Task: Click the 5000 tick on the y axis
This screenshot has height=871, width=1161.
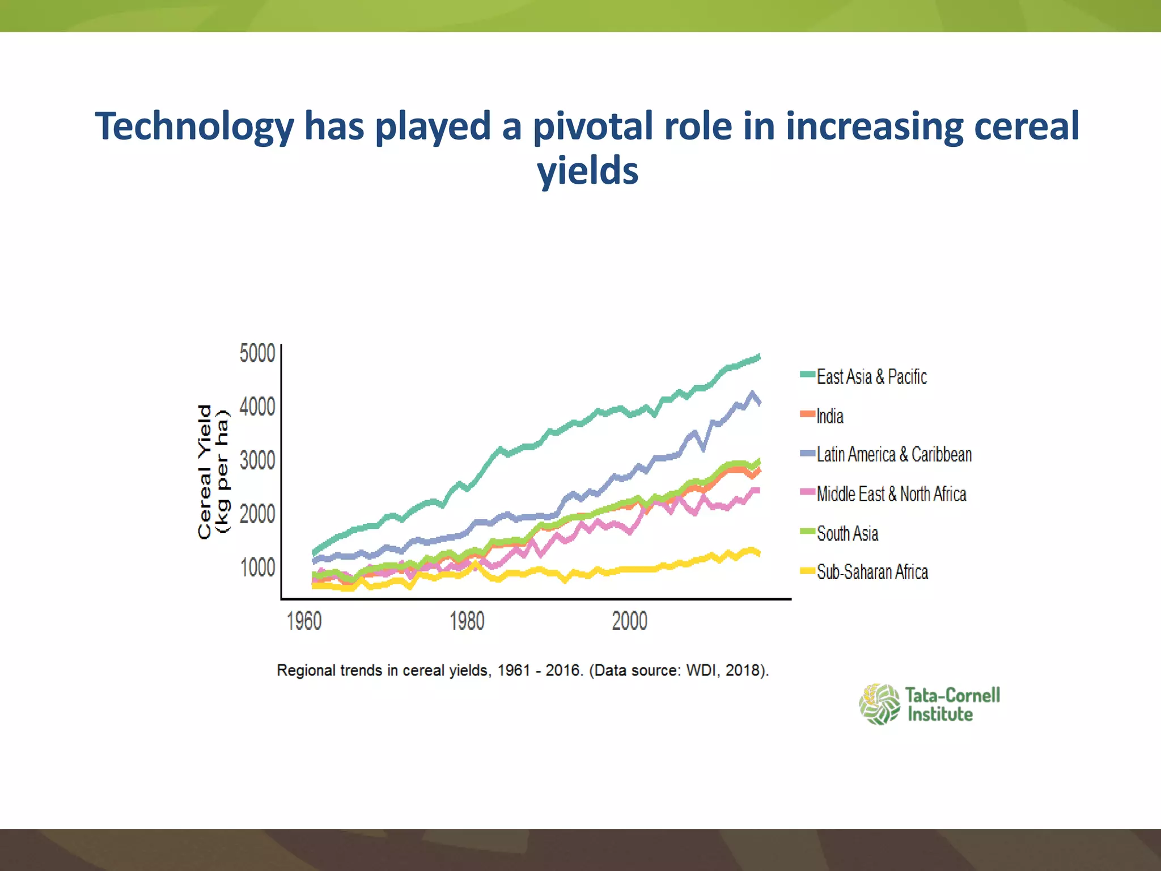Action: tap(257, 353)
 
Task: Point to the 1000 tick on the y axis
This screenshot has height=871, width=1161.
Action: tap(257, 568)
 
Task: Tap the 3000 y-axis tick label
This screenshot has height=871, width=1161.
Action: tap(257, 460)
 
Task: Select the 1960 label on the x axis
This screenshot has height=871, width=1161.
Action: tap(304, 621)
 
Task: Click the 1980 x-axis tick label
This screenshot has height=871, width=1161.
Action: tap(467, 621)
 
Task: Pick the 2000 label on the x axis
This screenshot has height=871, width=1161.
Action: tap(629, 621)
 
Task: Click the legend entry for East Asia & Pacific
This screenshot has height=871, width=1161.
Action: tap(871, 377)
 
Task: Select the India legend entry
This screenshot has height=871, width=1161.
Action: tap(829, 416)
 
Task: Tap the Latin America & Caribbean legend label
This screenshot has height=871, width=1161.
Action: tap(894, 455)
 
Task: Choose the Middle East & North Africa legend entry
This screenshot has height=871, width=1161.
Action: tap(891, 494)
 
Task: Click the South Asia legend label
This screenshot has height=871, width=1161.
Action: tap(847, 534)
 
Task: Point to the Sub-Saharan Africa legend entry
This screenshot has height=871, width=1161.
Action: tap(872, 572)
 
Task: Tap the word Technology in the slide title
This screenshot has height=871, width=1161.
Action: tap(194, 127)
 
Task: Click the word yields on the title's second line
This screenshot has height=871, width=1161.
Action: tap(587, 171)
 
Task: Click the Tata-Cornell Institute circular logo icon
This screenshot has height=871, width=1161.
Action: tap(879, 704)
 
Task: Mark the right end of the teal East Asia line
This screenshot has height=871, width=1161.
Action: tap(759, 357)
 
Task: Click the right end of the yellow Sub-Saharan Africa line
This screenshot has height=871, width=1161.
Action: tap(759, 553)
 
